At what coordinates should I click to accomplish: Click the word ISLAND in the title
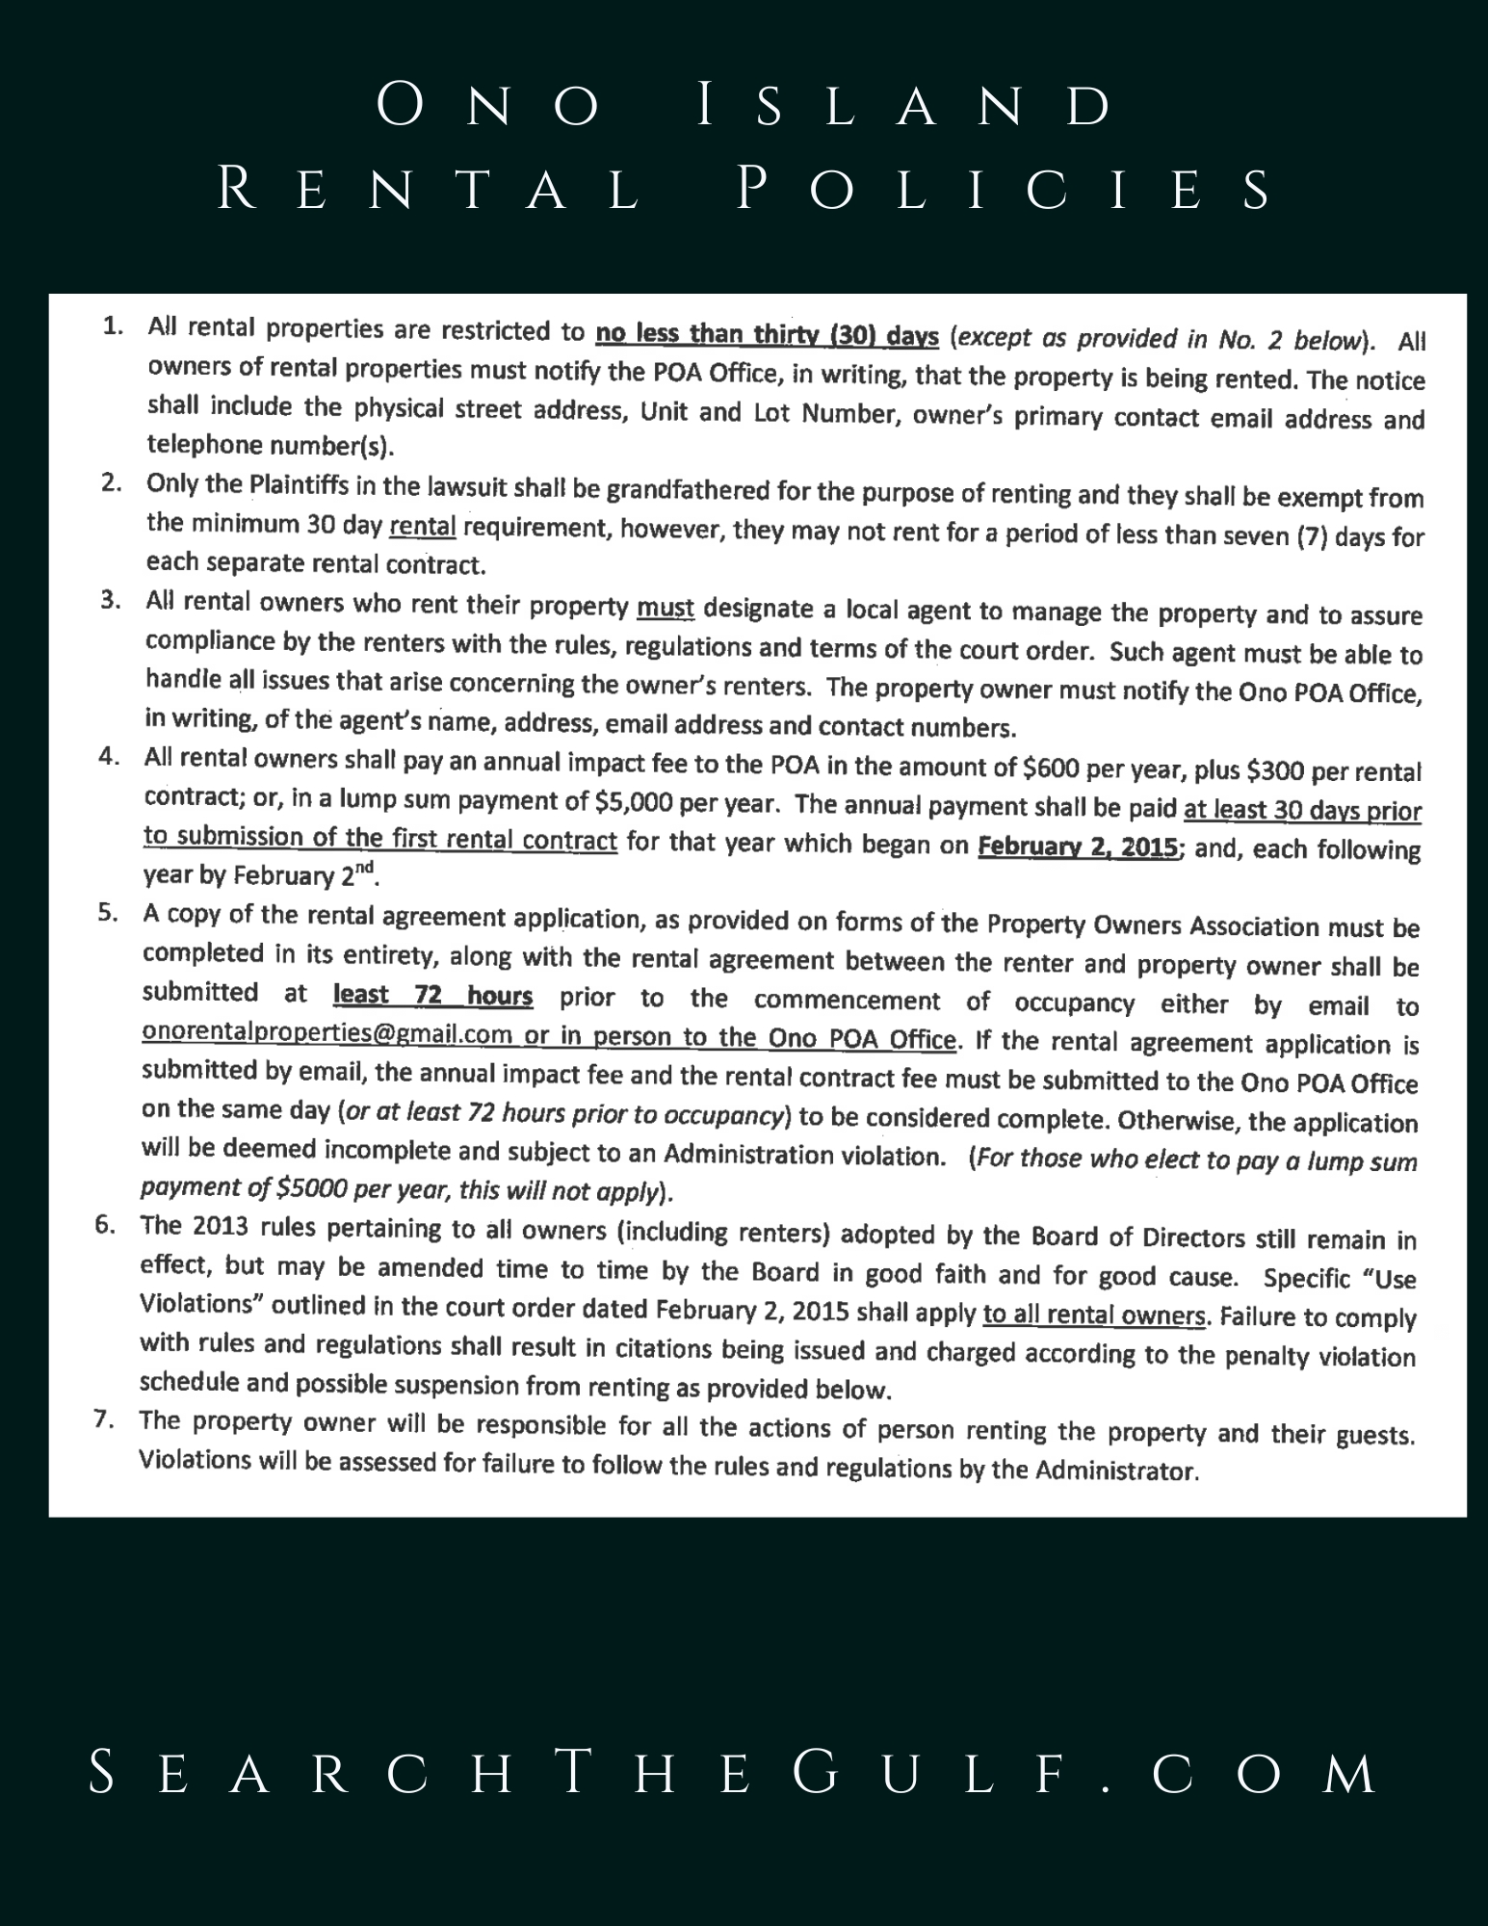(903, 106)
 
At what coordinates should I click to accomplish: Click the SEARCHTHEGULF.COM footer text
(734, 1773)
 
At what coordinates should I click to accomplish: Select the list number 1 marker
(114, 326)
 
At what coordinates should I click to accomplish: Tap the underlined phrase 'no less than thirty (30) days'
(767, 335)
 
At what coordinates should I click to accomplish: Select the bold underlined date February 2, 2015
(1078, 847)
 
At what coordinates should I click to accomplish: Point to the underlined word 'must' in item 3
(666, 609)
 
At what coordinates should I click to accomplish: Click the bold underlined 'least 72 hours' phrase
(432, 995)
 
